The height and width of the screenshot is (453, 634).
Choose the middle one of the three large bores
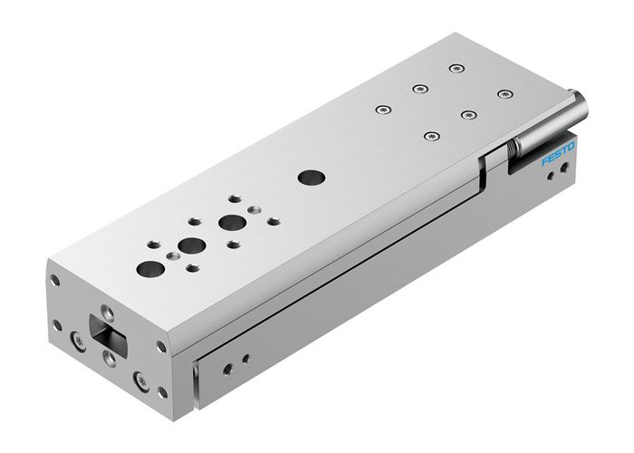point(190,245)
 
